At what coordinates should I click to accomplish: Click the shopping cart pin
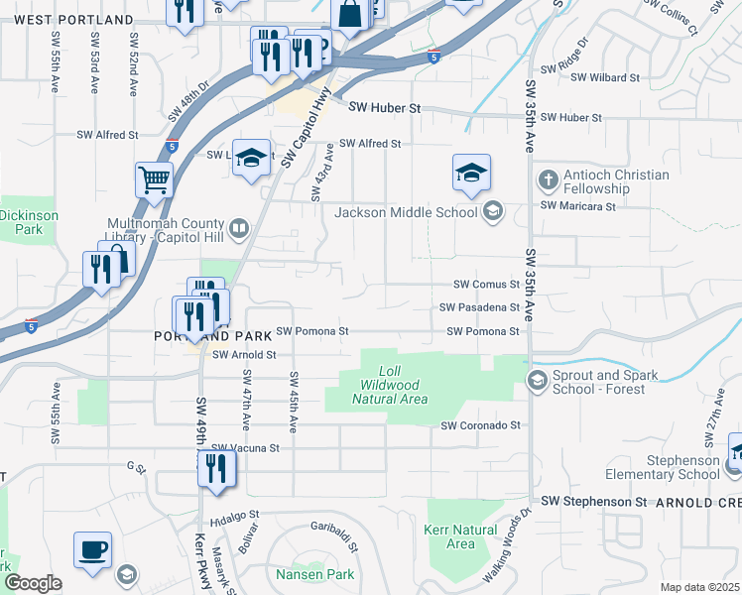point(155,180)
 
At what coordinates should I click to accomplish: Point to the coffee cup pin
point(92,549)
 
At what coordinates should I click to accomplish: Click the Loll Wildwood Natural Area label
point(390,392)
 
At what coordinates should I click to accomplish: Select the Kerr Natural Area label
point(461,536)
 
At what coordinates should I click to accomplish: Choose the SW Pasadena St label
point(481,307)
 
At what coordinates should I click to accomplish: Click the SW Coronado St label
point(481,425)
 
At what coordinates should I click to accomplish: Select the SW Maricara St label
point(578,206)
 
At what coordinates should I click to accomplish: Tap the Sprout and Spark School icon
point(537,381)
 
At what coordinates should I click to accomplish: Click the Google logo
point(32,583)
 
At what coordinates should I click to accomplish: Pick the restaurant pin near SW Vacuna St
point(217,468)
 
